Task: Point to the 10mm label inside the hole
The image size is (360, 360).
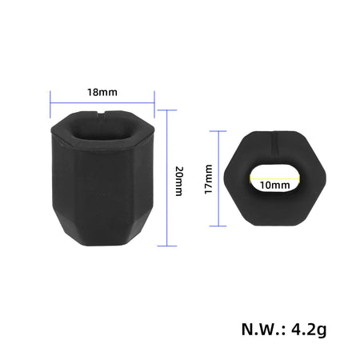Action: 274,184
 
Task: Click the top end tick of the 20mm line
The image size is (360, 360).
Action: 166,110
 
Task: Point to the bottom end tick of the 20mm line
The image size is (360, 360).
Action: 166,245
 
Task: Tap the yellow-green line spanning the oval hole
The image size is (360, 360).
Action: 274,176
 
